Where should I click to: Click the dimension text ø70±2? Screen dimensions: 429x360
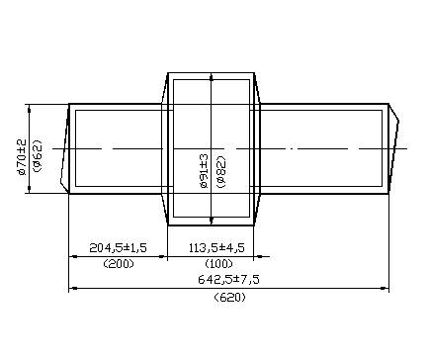point(22,157)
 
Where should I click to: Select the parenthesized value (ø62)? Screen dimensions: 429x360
point(37,156)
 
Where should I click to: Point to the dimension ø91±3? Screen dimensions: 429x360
point(205,171)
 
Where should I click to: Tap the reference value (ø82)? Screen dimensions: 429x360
point(221,172)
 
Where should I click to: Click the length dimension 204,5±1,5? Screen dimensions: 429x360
point(118,247)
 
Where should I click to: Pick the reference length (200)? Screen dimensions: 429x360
point(119,264)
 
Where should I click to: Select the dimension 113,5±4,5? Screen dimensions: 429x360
point(216,247)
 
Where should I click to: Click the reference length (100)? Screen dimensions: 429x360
point(218,264)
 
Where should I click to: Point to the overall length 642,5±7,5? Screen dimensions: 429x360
point(228,280)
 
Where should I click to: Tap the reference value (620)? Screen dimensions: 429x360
point(229,298)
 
